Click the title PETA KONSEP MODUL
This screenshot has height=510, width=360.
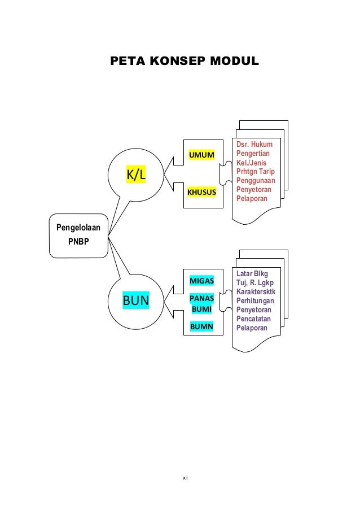(x=185, y=60)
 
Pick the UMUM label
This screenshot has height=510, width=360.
(x=201, y=155)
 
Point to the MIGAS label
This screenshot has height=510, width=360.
(x=201, y=281)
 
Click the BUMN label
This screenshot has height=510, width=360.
(x=201, y=326)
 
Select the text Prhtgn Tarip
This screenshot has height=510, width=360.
(x=256, y=172)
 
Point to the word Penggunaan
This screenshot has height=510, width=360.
(x=256, y=181)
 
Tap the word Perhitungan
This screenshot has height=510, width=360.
(x=256, y=301)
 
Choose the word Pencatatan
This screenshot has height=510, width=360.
(x=254, y=319)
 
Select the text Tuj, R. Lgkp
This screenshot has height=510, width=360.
(x=255, y=283)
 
